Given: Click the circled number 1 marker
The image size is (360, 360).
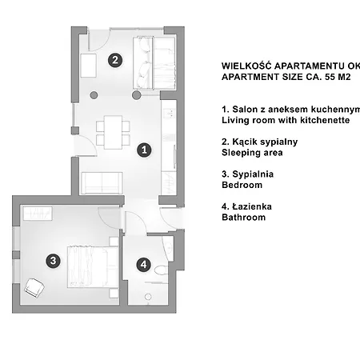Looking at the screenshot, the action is tap(144, 150).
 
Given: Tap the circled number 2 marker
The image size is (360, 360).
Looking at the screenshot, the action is tap(115, 60).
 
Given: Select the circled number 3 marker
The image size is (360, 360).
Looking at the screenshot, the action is tap(53, 261).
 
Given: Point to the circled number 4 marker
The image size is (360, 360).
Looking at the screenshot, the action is tap(144, 265).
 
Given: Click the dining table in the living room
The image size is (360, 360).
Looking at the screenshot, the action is tap(113, 132).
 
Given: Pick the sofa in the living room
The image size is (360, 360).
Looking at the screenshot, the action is tap(102, 183).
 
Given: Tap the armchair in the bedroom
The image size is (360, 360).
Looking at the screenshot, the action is tap(34, 288).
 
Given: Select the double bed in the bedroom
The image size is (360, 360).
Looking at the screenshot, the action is tap(93, 266).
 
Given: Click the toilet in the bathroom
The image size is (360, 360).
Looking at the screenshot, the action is tap(161, 270).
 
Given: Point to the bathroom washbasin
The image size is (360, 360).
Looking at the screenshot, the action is tap(168, 247).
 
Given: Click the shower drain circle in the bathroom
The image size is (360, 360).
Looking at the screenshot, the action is tap(148, 297).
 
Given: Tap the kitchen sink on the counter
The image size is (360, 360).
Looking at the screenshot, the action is tap(169, 114).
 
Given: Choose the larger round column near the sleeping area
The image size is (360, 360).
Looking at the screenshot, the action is tap(137, 95).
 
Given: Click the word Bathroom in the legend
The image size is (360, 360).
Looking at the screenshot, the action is tap(243, 218).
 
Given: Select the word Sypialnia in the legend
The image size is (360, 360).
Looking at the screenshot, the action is tap(253, 174).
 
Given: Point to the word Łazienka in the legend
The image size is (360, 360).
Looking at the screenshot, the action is tap(252, 206).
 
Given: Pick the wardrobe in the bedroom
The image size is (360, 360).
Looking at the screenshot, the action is tap(38, 214).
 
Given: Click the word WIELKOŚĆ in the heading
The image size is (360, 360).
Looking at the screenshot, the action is tap(246, 66).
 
